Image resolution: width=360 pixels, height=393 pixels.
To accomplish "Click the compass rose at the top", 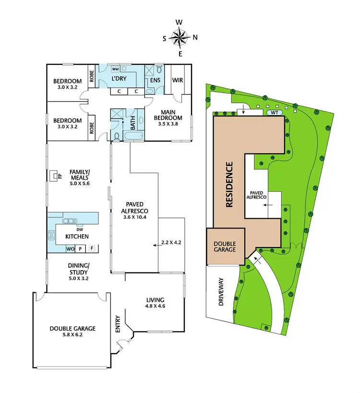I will point(180,37).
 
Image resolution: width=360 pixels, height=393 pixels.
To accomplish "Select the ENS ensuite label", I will point(155,80).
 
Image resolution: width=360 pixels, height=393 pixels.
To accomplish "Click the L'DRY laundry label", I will point(119,78).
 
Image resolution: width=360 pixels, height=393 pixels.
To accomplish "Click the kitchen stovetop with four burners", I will point(51,236).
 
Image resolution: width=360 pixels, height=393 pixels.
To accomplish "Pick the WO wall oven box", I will point(70,249).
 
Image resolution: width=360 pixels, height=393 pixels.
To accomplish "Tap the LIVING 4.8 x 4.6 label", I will point(155,304).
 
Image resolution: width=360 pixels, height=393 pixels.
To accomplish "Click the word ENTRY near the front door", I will point(118,327).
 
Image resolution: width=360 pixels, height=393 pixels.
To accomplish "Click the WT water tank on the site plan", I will point(274,113).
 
